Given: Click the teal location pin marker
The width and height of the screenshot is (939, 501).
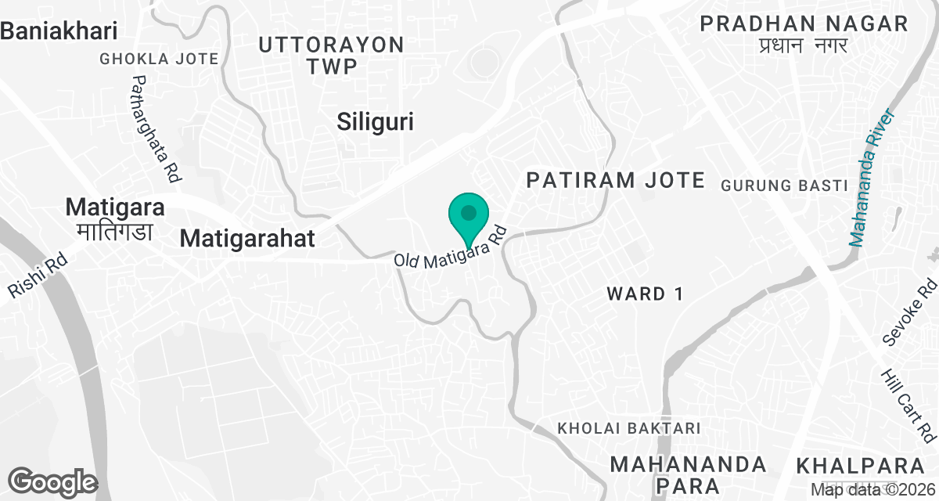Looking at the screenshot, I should coord(469,215).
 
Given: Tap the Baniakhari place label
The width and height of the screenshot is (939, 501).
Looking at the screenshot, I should coord(59,31).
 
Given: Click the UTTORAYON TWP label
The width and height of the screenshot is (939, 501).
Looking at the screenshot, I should coord(331,55).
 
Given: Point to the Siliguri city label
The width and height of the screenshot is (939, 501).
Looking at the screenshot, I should coord(375,122).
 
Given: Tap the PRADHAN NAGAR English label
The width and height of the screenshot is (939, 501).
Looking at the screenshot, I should coord(804,23).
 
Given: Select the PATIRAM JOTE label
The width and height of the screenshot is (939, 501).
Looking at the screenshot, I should coord(615,180).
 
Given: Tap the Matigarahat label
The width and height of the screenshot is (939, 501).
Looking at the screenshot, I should coord(247,238).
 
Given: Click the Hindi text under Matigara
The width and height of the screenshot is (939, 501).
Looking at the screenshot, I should coord(116,232).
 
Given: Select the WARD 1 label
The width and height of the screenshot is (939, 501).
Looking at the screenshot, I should coord(646,294).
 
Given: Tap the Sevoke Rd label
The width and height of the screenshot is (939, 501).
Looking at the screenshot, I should coord(908,314).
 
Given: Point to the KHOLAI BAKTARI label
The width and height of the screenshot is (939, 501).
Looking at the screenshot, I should coord(628,429).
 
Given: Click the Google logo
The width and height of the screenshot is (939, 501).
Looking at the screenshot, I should coord(52,481).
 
